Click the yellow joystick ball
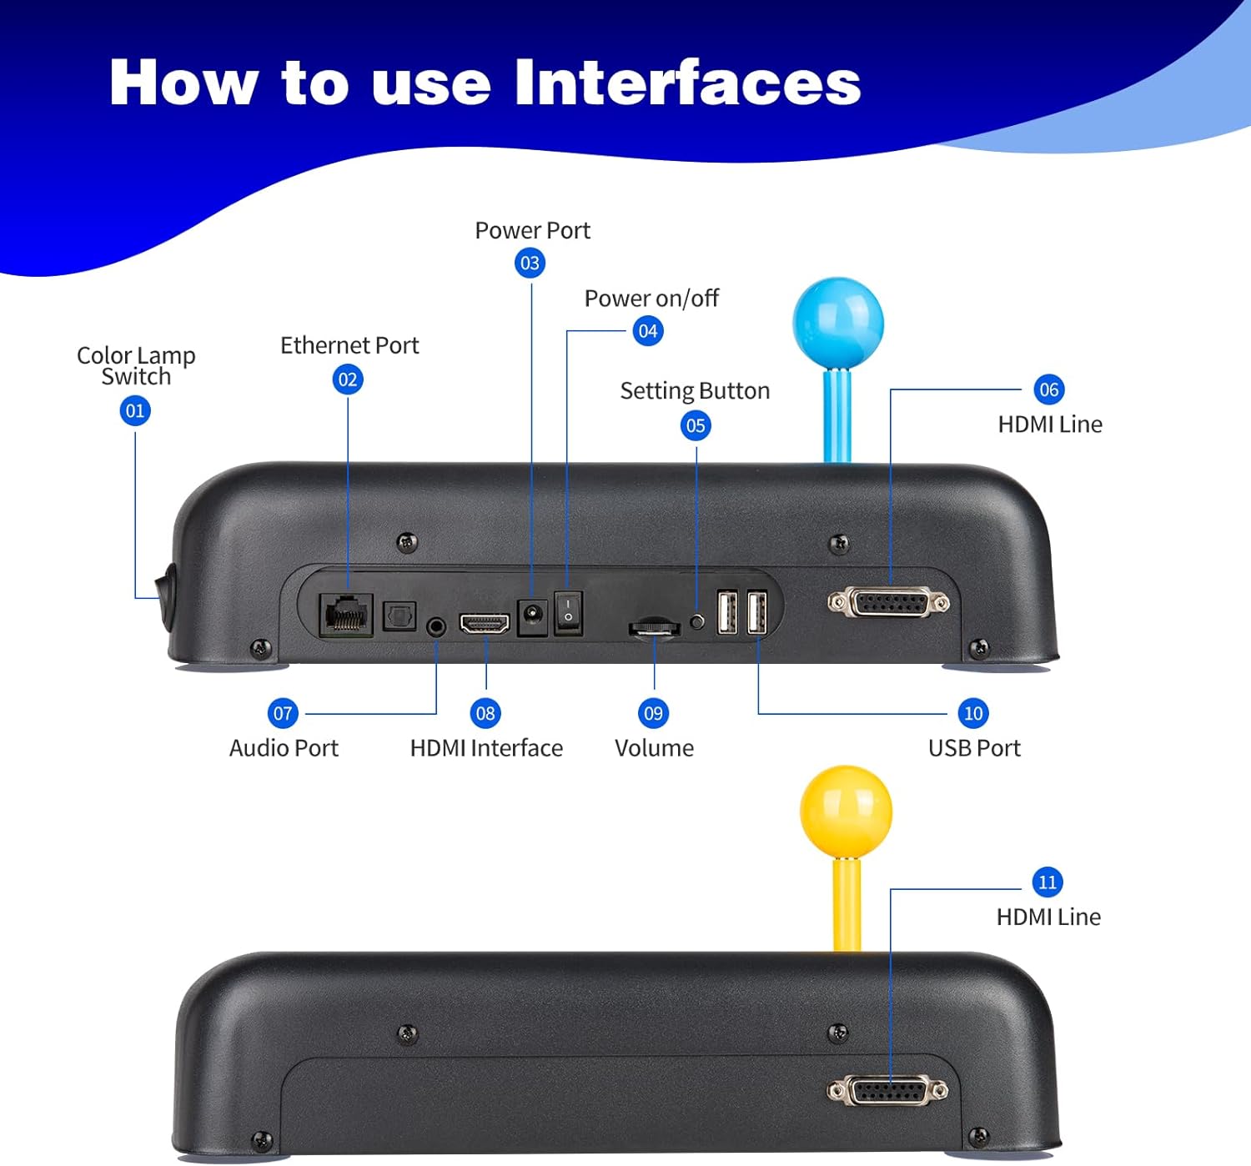[846, 812]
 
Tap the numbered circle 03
[530, 263]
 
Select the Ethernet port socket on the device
[346, 616]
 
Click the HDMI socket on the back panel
[485, 623]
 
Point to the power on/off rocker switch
[568, 612]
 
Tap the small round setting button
[696, 622]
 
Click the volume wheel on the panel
[655, 628]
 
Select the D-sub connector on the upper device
[889, 602]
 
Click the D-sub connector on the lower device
[887, 1090]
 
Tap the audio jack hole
[436, 626]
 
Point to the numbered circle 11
[1048, 882]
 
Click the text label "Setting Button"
[695, 391]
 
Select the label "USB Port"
[974, 747]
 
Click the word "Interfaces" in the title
[688, 83]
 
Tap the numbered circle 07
[283, 713]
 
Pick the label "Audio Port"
[284, 747]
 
